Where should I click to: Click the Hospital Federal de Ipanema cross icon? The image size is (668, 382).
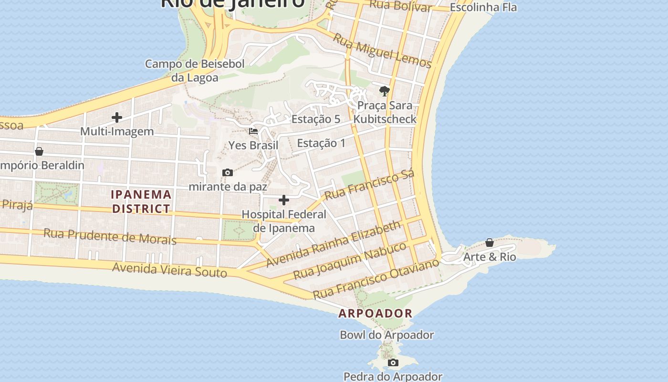(x=284, y=200)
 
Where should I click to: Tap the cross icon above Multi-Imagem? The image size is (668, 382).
(x=117, y=117)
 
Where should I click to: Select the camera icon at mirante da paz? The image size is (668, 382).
(x=228, y=172)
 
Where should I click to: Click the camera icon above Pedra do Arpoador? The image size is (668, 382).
(x=393, y=363)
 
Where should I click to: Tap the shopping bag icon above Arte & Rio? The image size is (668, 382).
(x=490, y=243)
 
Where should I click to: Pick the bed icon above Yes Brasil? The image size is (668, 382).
(x=253, y=131)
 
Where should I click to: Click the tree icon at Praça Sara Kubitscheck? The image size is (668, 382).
(x=384, y=91)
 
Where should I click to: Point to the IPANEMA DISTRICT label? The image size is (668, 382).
(x=141, y=202)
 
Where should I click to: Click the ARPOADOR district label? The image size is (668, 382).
(x=376, y=314)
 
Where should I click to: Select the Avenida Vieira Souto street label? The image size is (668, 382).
(x=169, y=270)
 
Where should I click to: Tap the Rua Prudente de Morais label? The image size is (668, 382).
(x=110, y=236)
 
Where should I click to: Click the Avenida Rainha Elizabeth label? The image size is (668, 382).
(x=333, y=244)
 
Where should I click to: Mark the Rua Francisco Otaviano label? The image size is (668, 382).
(x=376, y=278)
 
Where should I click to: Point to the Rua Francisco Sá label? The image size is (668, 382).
(x=369, y=185)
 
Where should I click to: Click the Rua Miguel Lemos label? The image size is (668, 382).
(x=382, y=51)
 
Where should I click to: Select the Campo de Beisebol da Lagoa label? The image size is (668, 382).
(x=195, y=71)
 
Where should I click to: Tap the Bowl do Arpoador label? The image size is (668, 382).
(x=386, y=335)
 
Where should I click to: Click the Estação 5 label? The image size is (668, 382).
(x=316, y=119)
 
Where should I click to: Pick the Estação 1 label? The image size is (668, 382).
(x=321, y=143)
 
